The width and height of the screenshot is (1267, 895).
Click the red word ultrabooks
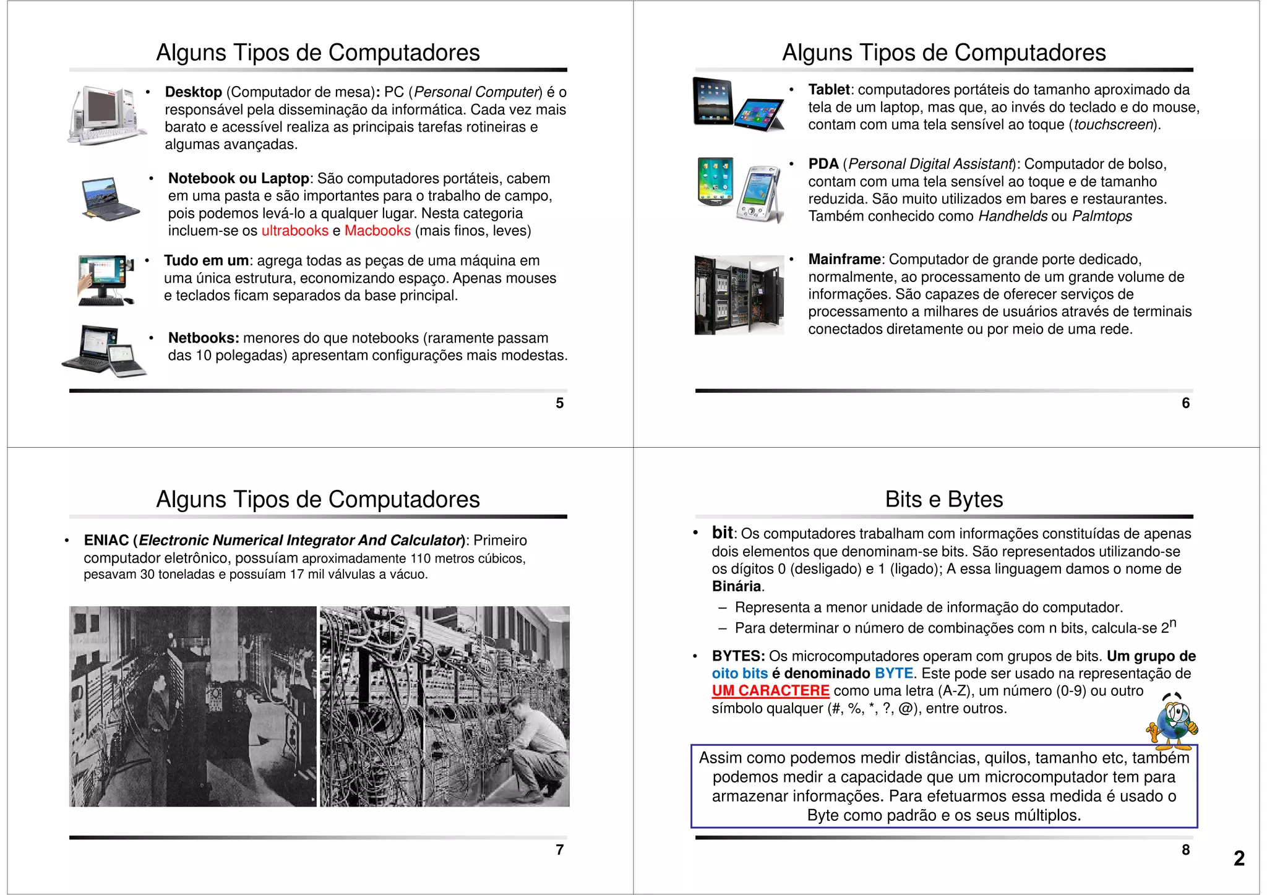pos(294,231)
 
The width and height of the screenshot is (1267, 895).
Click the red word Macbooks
pos(377,231)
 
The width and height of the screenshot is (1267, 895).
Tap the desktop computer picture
pos(106,115)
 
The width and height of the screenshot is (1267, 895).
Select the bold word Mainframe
pos(844,259)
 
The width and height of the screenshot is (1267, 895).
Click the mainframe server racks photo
pos(739,294)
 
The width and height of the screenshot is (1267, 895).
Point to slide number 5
pos(559,403)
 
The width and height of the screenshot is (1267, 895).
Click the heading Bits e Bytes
pos(943,499)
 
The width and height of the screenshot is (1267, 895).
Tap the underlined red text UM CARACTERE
pos(770,691)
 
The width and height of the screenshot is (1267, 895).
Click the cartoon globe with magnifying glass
pos(1172,722)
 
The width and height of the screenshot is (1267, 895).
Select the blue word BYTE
pos(893,674)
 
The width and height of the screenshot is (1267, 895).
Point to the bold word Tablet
pos(828,90)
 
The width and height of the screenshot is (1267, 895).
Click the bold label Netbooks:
pos(203,338)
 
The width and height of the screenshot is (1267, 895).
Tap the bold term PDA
pos(823,164)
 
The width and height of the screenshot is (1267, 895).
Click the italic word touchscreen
pos(1113,125)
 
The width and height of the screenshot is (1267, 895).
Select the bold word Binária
pos(736,586)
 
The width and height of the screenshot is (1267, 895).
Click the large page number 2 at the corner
pos(1239,858)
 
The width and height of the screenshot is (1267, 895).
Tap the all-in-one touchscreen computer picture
pos(106,280)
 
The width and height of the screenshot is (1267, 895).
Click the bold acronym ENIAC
pos(106,541)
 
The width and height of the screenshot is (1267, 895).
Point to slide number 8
pos(1185,850)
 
